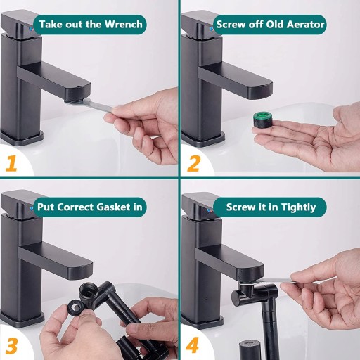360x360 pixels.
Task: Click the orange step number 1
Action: click(11, 163)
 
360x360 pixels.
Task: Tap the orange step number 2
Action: click(193, 163)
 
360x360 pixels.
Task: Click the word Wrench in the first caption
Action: click(124, 25)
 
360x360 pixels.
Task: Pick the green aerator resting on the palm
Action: click(262, 120)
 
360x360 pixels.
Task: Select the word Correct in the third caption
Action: click(75, 207)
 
